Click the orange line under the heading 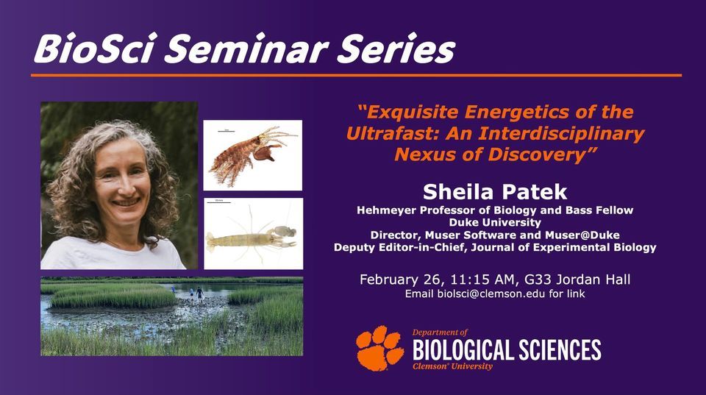tap(356, 75)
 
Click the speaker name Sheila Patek tap(495, 192)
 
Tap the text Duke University tap(495, 222)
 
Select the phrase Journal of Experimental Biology tap(564, 248)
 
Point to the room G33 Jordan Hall tap(578, 280)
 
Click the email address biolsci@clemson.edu tap(491, 294)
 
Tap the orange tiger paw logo tap(379, 348)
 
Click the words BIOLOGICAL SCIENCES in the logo tap(507, 350)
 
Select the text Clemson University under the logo tap(452, 366)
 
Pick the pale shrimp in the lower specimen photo tap(252, 238)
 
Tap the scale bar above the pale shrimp tap(218, 203)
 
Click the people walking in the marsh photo tap(196, 293)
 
